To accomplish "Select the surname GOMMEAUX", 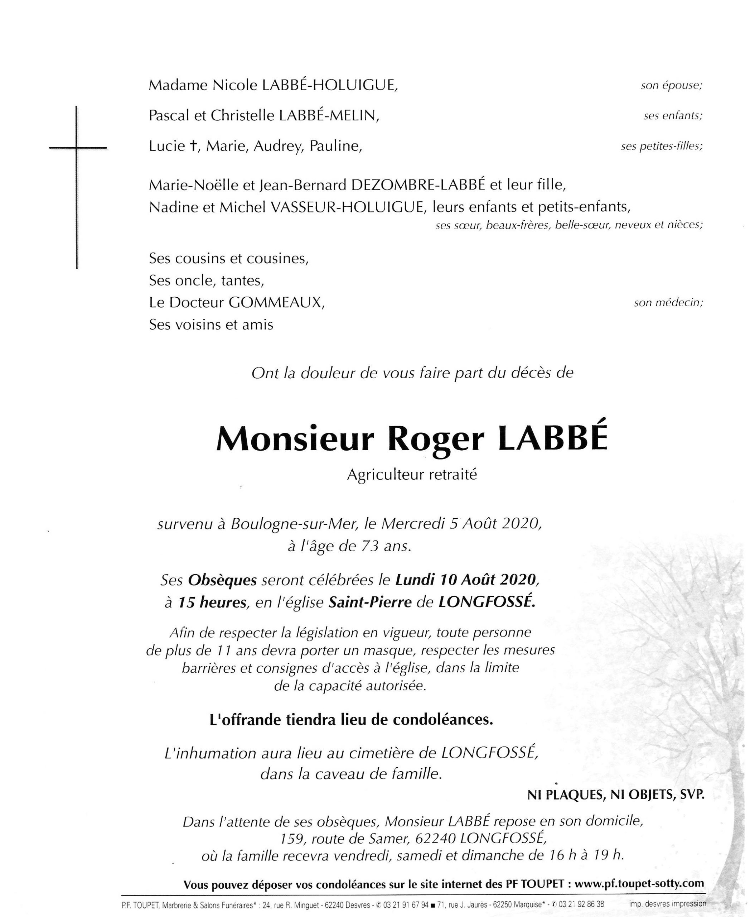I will pos(276,303).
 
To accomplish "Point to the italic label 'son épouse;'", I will pos(671,86).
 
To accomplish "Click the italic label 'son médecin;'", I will pos(668,303).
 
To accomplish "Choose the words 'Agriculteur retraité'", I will pos(412,475).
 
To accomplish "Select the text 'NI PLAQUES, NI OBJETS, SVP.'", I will pos(616,794).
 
